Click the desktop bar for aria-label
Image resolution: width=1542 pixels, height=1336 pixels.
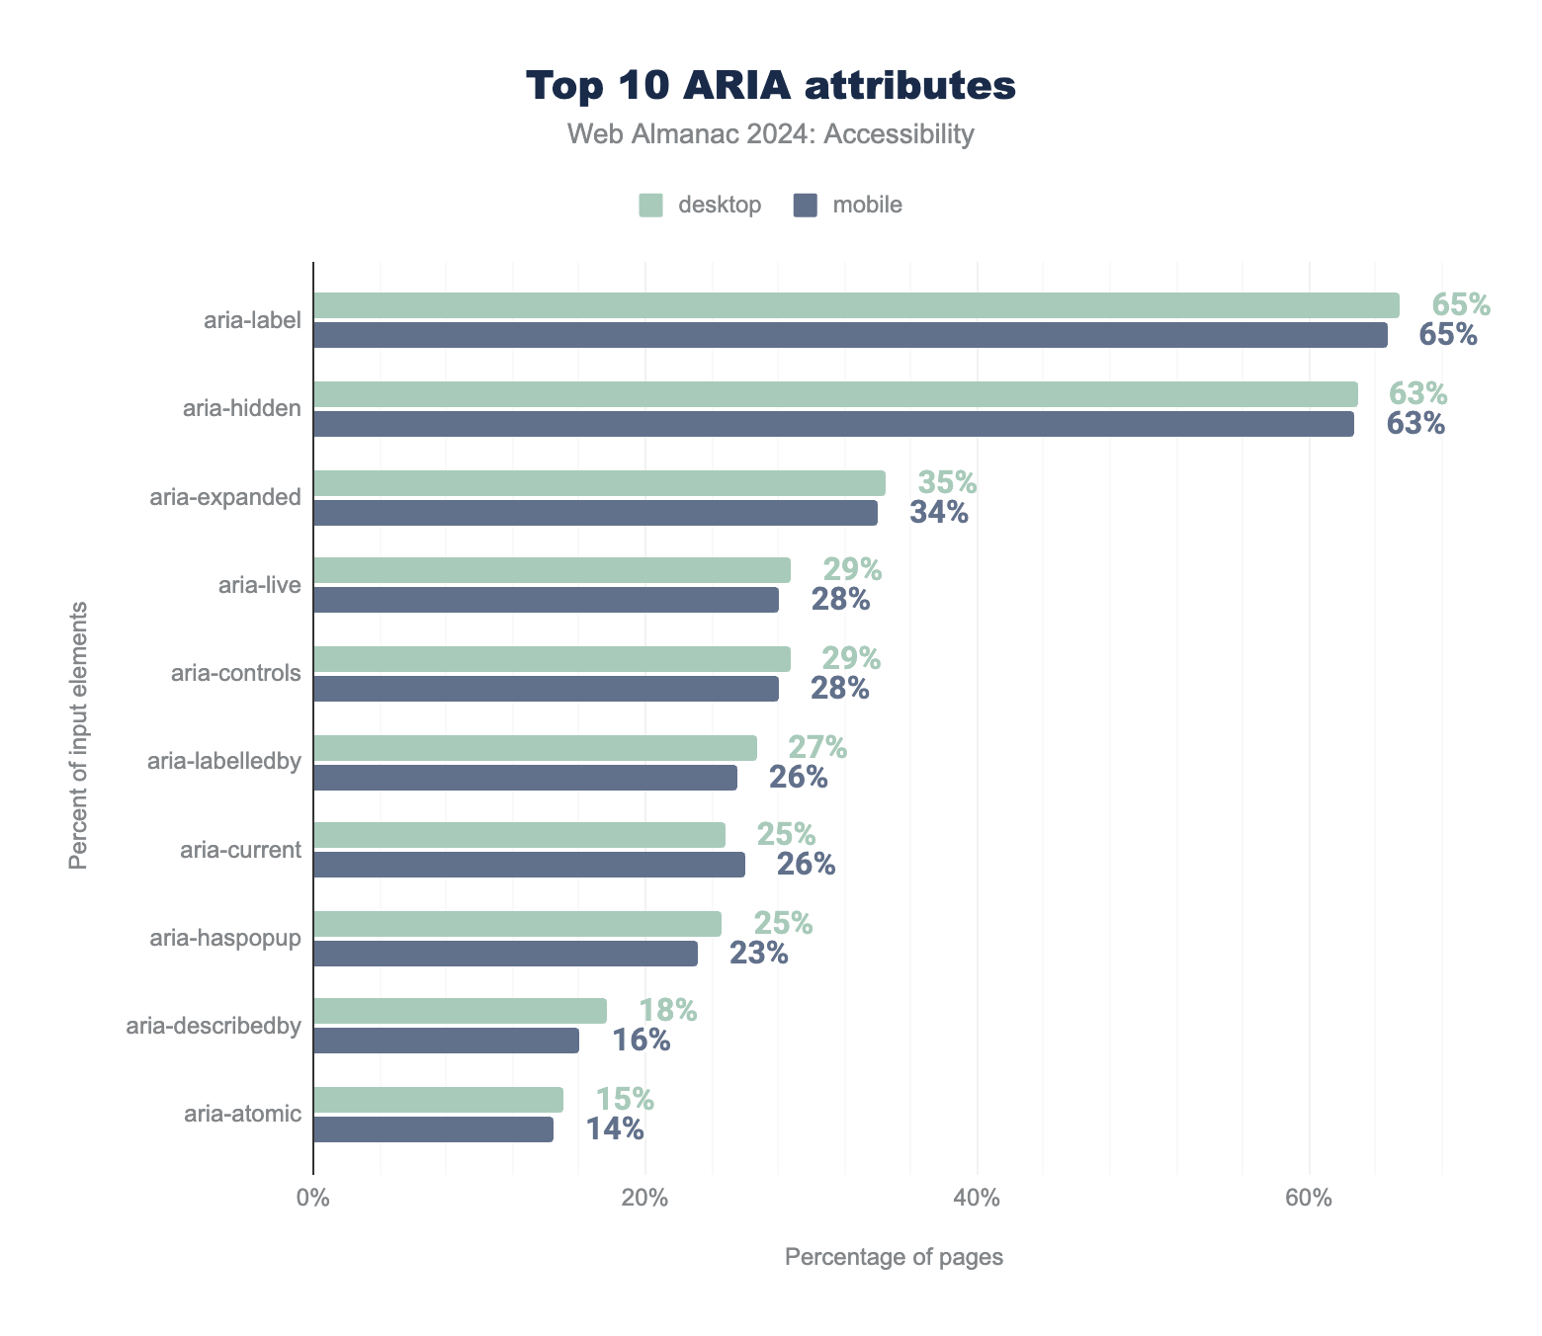point(856,305)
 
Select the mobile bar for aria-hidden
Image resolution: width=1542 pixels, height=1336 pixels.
point(833,424)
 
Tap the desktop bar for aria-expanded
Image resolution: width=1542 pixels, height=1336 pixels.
point(599,483)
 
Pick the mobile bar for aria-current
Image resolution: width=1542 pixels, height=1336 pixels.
point(529,865)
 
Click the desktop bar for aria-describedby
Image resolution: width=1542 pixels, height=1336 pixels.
point(460,1011)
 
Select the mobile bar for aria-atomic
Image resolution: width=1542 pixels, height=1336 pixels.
point(433,1129)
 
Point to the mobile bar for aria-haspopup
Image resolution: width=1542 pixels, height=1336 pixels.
point(505,954)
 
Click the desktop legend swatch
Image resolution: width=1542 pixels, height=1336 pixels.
point(649,206)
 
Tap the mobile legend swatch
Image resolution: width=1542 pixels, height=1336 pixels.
point(806,206)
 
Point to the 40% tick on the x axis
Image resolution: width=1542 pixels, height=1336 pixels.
point(977,1198)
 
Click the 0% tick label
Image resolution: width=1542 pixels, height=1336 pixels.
point(313,1198)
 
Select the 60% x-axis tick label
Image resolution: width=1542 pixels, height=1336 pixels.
point(1309,1198)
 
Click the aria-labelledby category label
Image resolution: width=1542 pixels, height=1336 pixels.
point(223,761)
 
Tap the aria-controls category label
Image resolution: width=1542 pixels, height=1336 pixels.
point(235,674)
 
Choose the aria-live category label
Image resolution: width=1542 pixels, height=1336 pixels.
point(259,585)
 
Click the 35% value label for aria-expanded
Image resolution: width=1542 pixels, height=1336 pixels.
point(947,483)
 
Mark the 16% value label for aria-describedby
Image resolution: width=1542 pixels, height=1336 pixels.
point(641,1041)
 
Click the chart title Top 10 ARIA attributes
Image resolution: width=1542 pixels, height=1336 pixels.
point(770,86)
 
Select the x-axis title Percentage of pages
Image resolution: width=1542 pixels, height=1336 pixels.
point(894,1257)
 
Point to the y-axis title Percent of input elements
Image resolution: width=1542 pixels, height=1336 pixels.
point(78,735)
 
